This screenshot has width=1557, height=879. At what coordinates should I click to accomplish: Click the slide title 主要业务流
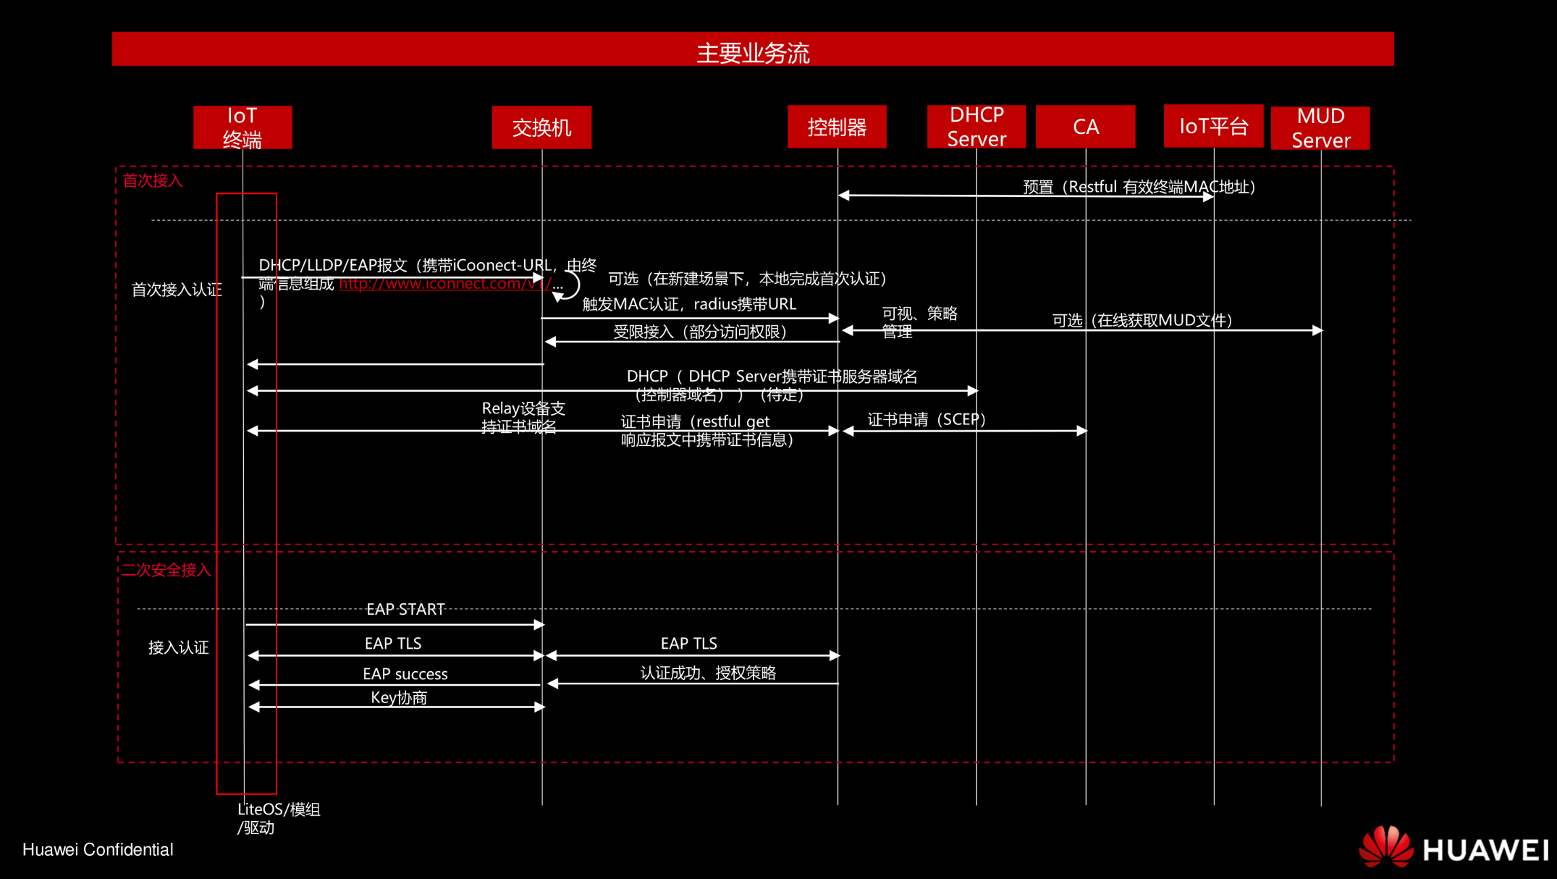tap(753, 53)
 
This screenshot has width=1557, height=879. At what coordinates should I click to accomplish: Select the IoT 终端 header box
tap(242, 127)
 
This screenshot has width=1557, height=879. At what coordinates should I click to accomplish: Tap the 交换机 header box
tap(541, 127)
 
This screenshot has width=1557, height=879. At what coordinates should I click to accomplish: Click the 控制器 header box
tap(837, 127)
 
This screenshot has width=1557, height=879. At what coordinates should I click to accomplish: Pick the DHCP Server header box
tap(976, 127)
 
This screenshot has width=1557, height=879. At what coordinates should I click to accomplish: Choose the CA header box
tap(1085, 127)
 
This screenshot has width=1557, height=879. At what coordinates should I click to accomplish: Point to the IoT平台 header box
tap(1213, 127)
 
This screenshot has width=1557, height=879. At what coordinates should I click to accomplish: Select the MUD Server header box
tap(1320, 128)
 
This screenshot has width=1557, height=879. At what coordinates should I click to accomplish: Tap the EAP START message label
tap(405, 609)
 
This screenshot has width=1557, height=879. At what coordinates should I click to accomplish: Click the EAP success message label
tap(405, 674)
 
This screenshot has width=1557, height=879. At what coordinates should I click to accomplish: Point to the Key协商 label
tap(399, 697)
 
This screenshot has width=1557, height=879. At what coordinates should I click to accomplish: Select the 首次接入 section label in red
tap(153, 180)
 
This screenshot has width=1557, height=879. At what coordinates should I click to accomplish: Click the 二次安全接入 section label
tap(166, 570)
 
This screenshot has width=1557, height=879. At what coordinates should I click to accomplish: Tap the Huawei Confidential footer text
tap(98, 849)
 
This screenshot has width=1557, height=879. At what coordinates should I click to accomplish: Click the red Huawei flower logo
tap(1385, 846)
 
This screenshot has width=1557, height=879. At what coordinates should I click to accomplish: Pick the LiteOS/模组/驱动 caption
tap(279, 818)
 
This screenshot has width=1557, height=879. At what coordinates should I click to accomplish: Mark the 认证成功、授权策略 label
tap(708, 673)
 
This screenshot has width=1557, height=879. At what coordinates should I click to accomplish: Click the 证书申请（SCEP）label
tap(927, 419)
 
